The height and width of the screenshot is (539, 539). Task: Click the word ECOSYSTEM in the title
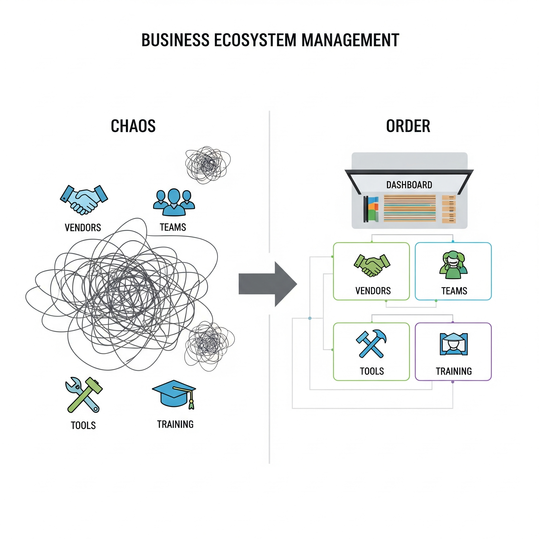pyautogui.click(x=255, y=40)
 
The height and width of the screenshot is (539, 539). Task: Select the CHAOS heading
pyautogui.click(x=133, y=126)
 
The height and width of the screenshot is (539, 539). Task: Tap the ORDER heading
pyautogui.click(x=408, y=126)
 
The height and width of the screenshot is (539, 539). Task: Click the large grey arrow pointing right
pyautogui.click(x=268, y=284)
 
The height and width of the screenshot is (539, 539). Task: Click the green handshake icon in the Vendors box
pyautogui.click(x=372, y=265)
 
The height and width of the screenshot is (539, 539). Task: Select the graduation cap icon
pyautogui.click(x=174, y=394)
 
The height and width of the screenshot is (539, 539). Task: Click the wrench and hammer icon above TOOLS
pyautogui.click(x=84, y=395)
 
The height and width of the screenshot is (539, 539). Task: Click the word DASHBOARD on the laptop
pyautogui.click(x=409, y=185)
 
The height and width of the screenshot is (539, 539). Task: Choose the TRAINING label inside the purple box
pyautogui.click(x=454, y=371)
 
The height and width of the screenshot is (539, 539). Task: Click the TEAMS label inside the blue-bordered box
pyautogui.click(x=454, y=291)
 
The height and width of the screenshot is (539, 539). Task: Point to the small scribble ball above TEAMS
pyautogui.click(x=208, y=164)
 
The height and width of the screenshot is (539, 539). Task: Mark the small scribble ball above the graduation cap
pyautogui.click(x=209, y=346)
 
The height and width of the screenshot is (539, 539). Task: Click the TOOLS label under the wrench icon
pyautogui.click(x=83, y=426)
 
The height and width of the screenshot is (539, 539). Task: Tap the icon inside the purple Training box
pyautogui.click(x=454, y=344)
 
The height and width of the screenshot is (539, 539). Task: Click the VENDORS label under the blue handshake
pyautogui.click(x=83, y=228)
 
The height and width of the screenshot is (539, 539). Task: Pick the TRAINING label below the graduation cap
pyautogui.click(x=175, y=424)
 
